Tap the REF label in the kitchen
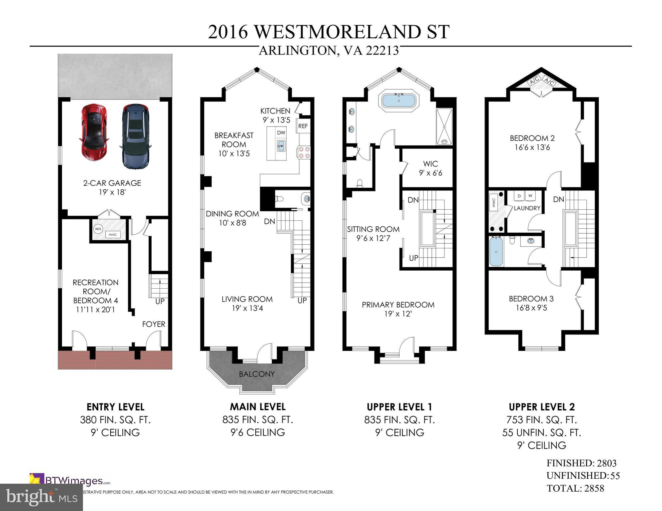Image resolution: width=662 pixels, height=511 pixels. (x=303, y=126)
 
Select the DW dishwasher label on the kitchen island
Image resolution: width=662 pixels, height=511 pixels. (x=281, y=132)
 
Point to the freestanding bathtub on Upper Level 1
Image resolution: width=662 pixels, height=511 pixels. (x=398, y=100)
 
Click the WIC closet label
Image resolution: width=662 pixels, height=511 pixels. (x=430, y=164)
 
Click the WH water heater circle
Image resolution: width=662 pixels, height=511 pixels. (x=98, y=229)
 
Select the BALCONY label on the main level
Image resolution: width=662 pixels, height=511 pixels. (x=257, y=374)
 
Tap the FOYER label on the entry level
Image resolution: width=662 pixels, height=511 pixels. (x=154, y=324)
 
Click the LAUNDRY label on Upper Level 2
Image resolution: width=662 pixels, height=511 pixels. (x=527, y=208)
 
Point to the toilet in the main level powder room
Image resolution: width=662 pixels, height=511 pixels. (x=280, y=199)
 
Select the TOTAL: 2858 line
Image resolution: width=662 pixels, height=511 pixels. (x=575, y=488)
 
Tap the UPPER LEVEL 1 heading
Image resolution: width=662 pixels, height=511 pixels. (x=399, y=407)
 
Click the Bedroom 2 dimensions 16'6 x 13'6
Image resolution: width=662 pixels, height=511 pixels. (x=532, y=147)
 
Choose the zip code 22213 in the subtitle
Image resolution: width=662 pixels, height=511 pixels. (x=382, y=51)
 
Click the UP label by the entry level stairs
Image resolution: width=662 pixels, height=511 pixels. (x=160, y=301)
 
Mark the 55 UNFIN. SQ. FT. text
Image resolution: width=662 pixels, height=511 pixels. (x=541, y=432)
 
